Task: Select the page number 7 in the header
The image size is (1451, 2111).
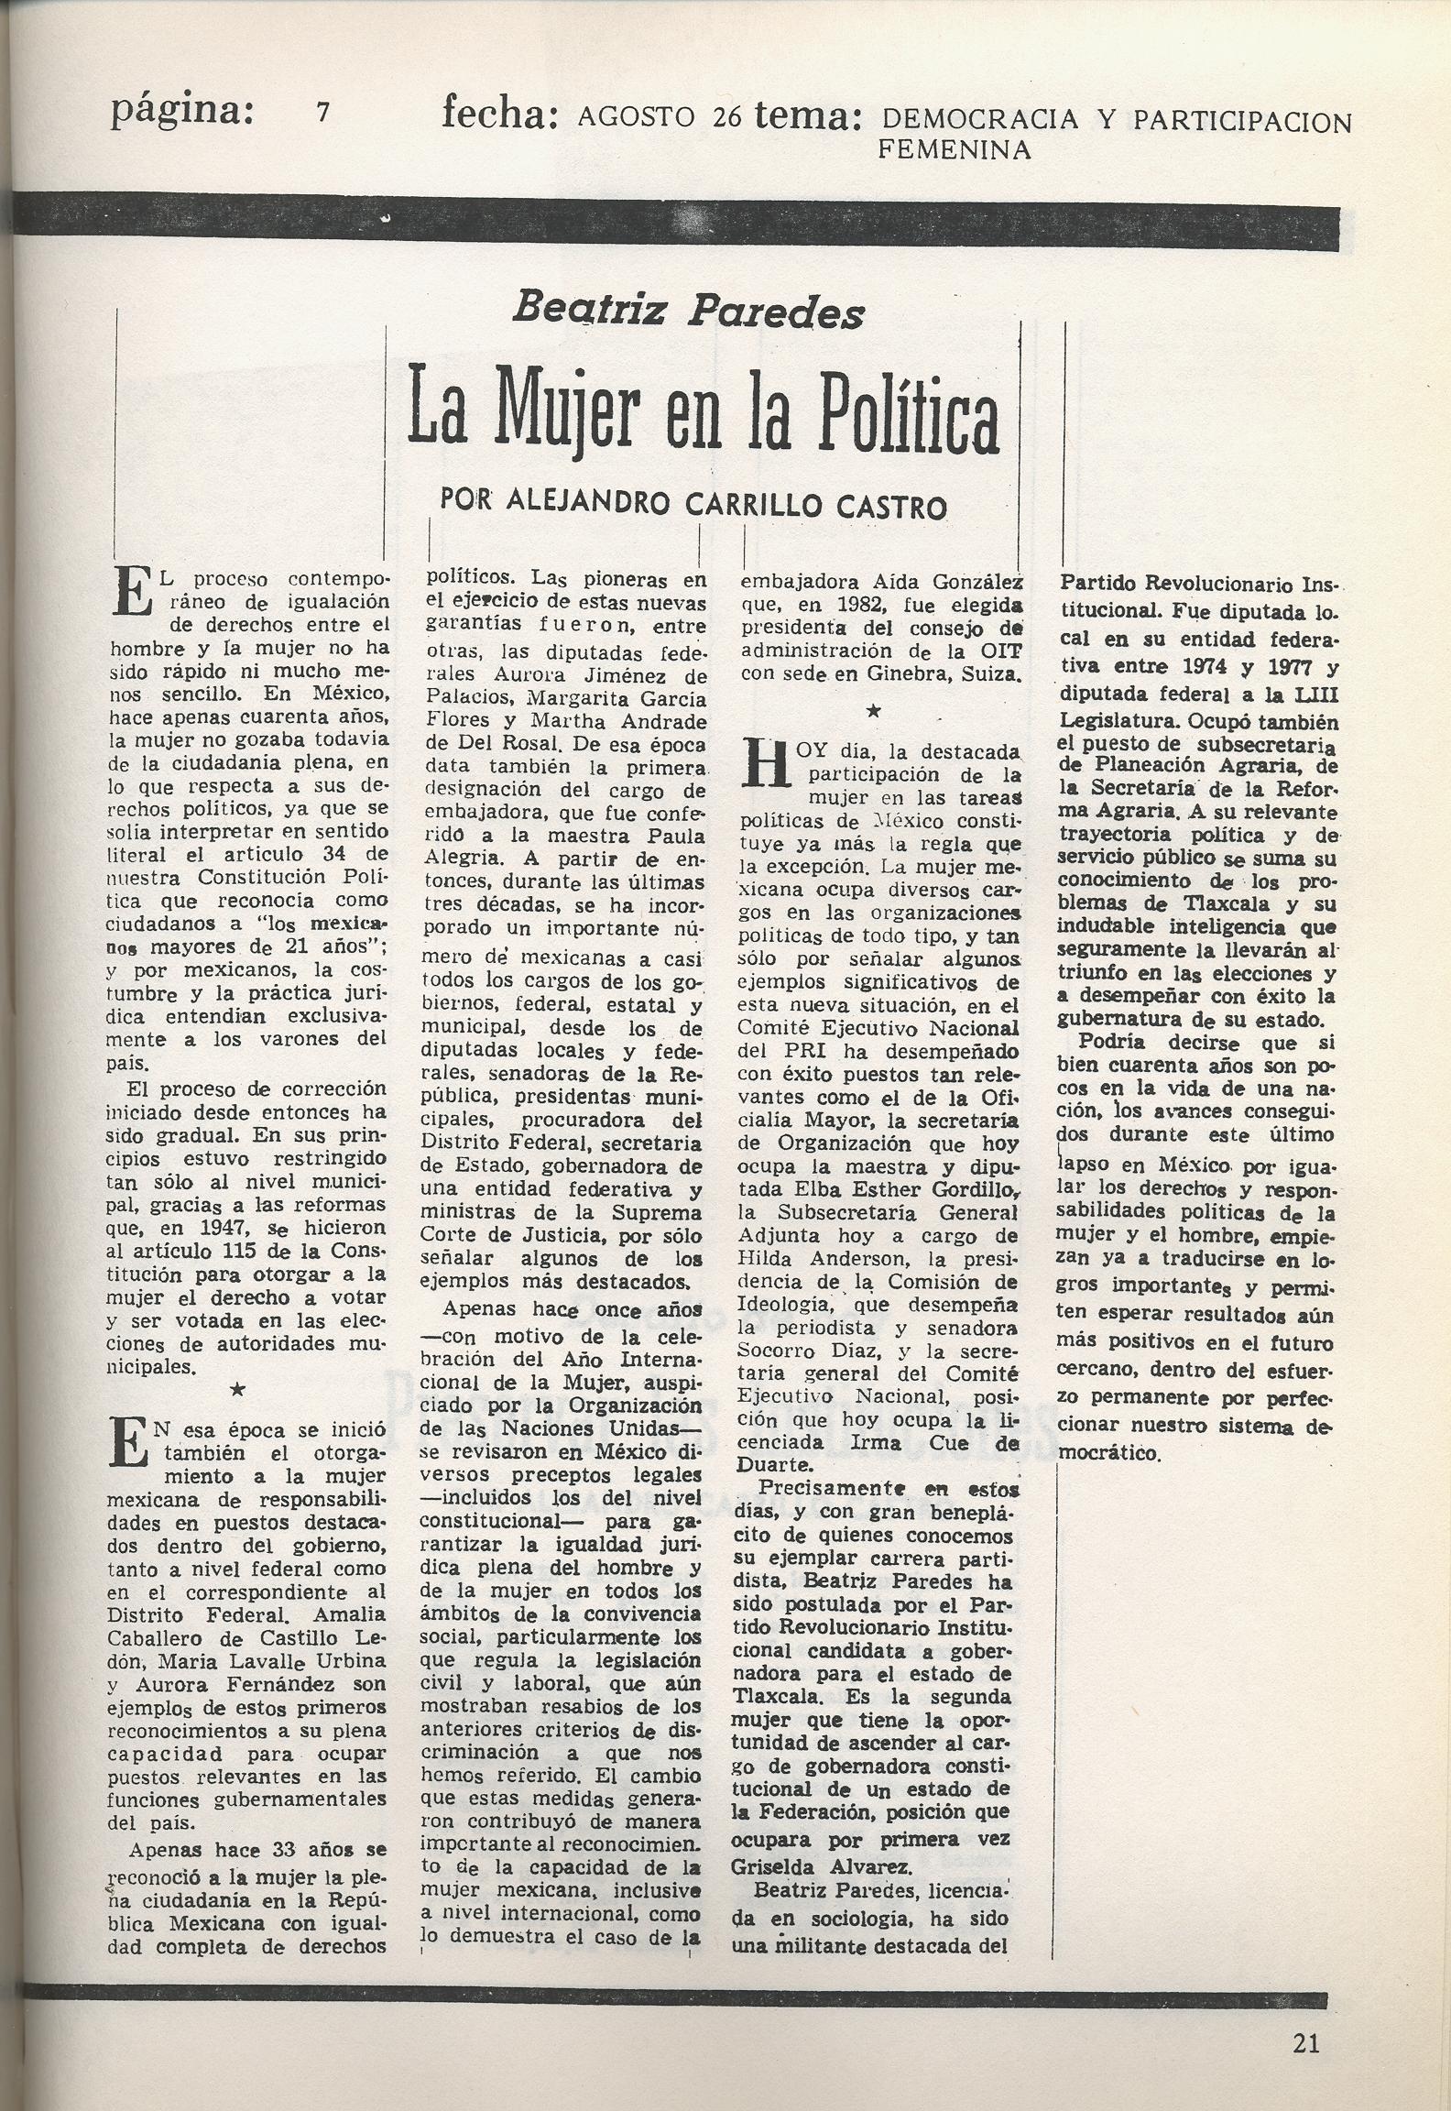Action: [322, 113]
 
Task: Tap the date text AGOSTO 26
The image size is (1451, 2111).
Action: [660, 116]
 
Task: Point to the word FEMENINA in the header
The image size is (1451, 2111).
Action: [955, 149]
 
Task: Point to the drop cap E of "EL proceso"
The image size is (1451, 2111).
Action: [131, 591]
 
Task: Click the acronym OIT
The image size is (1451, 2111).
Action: [1000, 651]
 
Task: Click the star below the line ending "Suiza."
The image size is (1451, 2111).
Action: [874, 711]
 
